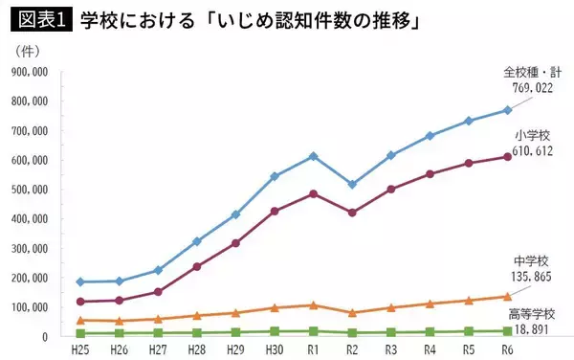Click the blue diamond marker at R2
coord(352,184)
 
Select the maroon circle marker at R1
coord(312,193)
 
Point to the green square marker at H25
coord(80,333)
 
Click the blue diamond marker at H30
coord(275,176)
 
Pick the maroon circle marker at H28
coord(196,266)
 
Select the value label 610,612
coord(535,151)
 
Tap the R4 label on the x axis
coord(430,350)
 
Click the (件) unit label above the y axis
coord(32,50)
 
